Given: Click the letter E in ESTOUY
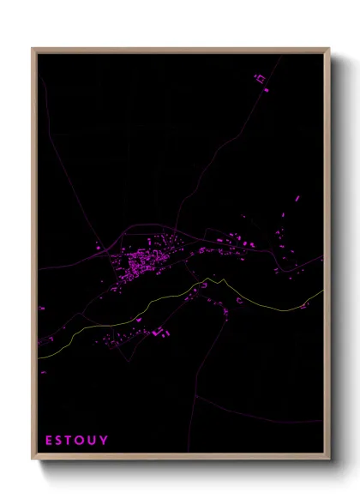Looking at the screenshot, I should click(49, 441).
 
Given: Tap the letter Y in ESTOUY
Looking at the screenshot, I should click(105, 441).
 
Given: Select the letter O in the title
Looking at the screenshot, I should click(81, 441).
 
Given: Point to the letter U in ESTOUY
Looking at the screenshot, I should click(93, 441).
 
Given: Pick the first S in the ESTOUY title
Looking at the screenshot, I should click(60, 441).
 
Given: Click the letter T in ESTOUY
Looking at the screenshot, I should click(70, 441).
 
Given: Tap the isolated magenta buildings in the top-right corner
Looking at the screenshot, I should click(261, 81).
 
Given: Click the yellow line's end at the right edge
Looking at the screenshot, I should click(323, 291).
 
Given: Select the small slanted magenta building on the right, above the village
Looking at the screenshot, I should click(297, 199).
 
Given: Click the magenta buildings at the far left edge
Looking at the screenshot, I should click(41, 307).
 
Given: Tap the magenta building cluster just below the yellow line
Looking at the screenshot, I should click(159, 331).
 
